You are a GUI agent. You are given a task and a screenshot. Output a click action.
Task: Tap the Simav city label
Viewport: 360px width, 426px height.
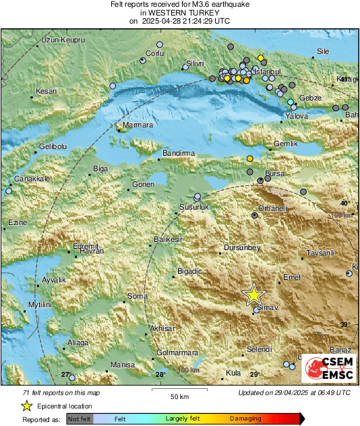tap(268, 307)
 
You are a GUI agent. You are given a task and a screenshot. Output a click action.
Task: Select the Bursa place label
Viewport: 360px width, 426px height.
tap(274, 173)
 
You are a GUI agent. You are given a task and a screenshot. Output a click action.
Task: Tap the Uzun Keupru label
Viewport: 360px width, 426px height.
tap(63, 40)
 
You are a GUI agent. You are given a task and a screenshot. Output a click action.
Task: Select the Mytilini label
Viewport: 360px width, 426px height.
tap(26, 305)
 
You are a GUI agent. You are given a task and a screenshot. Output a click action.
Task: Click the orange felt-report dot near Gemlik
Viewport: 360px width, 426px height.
tap(250, 158)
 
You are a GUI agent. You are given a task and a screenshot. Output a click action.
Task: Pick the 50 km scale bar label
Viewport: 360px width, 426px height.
tap(179, 396)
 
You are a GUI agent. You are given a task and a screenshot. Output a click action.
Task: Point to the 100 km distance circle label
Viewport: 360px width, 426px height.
tap(189, 370)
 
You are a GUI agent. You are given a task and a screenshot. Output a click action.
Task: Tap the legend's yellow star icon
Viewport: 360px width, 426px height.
tap(26, 406)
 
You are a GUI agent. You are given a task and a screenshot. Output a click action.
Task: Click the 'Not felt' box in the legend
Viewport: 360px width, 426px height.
tap(80, 419)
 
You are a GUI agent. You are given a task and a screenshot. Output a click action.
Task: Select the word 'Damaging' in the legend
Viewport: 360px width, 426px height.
tap(245, 419)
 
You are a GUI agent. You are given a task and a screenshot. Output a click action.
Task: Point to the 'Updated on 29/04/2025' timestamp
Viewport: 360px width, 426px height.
tap(294, 392)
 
